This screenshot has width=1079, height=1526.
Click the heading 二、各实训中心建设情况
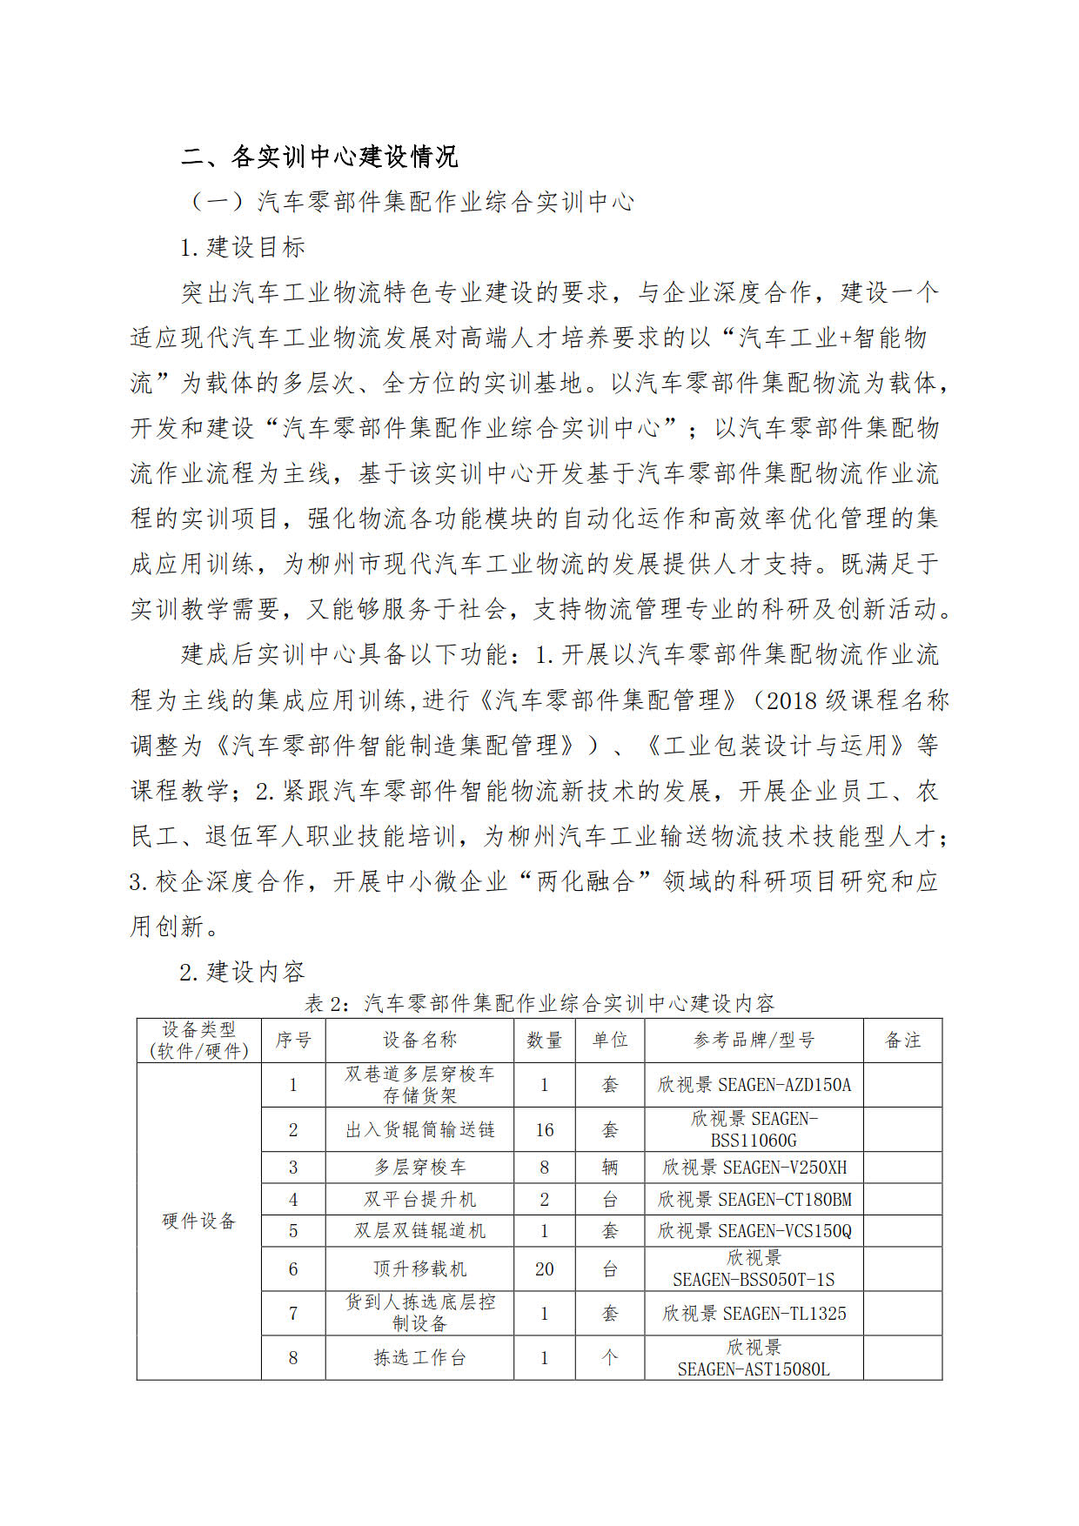[x=319, y=157]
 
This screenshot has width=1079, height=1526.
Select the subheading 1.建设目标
[x=243, y=247]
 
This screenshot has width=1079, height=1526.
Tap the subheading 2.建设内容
[x=242, y=972]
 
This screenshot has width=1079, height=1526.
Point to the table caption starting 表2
[x=539, y=1003]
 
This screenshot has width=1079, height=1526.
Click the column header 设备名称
[x=419, y=1040]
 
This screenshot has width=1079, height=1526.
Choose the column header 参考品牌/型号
[x=754, y=1040]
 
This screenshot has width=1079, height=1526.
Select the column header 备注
[x=902, y=1040]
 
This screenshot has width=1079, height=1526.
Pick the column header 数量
[x=544, y=1040]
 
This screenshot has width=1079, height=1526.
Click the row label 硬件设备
[x=199, y=1221]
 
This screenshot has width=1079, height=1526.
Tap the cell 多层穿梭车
[x=419, y=1167]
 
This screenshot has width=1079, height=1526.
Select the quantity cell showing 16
[x=544, y=1129]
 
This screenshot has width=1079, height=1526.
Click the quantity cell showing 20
[x=544, y=1268]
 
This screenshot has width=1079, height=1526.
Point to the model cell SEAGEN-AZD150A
[x=754, y=1084]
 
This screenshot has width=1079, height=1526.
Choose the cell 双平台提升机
[x=419, y=1199]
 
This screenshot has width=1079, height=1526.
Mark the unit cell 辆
[x=609, y=1167]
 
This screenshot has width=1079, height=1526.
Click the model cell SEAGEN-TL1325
[x=754, y=1313]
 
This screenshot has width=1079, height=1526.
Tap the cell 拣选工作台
[x=419, y=1357]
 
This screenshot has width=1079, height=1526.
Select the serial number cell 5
[x=293, y=1230]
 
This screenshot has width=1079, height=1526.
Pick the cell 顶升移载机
[x=419, y=1268]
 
